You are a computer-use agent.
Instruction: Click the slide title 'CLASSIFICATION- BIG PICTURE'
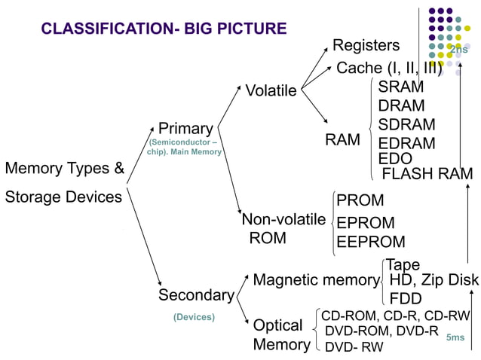tap(164, 29)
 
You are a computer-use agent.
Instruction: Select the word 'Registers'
tap(366, 46)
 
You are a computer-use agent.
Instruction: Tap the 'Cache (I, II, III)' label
tap(389, 69)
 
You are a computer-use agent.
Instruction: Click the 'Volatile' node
tap(271, 91)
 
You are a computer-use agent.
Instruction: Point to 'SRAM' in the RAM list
tap(401, 87)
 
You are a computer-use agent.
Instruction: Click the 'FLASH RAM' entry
tap(427, 175)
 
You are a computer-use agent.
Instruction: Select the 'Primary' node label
tap(185, 129)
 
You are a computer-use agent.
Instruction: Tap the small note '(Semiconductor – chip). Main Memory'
tap(185, 147)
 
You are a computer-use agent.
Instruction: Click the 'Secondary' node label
tap(196, 295)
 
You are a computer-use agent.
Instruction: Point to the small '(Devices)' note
tap(194, 317)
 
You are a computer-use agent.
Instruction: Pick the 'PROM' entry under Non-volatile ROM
tap(360, 201)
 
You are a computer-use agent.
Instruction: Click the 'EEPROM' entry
tap(371, 243)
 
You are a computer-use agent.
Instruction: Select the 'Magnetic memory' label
tap(316, 281)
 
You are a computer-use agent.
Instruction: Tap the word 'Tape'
tap(403, 265)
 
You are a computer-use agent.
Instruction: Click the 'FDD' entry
tap(406, 298)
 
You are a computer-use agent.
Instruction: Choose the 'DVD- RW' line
tap(354, 347)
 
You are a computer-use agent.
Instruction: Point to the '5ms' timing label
tap(455, 338)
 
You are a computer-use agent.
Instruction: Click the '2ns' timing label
tap(458, 50)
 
